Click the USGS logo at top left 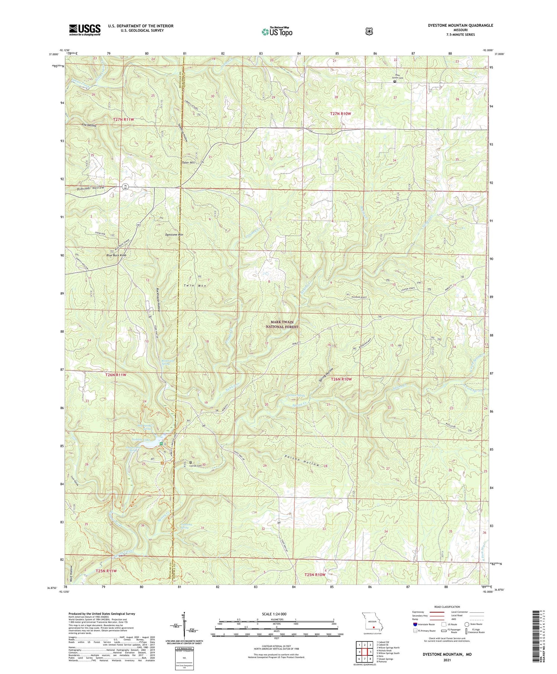[x=85, y=30]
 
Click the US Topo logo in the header [x=277, y=32]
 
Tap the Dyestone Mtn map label [x=175, y=235]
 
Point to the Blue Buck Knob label [x=116, y=255]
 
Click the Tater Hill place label [x=188, y=162]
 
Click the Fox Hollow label [x=89, y=125]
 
